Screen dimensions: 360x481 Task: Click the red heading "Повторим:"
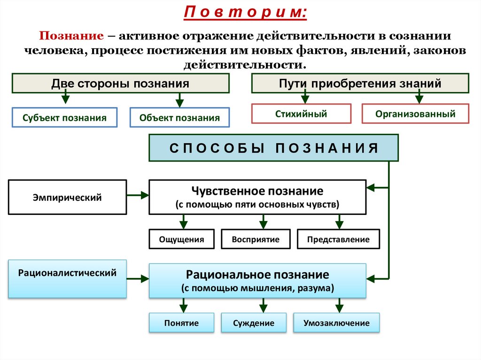pos(245,12)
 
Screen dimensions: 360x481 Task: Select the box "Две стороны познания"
pos(120,84)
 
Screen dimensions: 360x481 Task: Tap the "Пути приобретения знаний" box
pos(360,84)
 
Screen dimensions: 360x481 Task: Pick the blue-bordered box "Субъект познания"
pos(64,118)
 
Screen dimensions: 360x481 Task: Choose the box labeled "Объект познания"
pos(179,118)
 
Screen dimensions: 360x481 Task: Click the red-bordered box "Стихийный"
pos(301,114)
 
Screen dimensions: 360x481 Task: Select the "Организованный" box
pos(415,114)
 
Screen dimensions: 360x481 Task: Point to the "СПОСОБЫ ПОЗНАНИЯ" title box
pos(273,148)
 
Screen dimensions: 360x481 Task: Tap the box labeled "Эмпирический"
pos(67,197)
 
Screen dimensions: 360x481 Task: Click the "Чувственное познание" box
pos(257,197)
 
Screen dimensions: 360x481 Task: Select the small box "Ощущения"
pos(181,239)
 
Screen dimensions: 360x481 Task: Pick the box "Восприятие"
pos(256,239)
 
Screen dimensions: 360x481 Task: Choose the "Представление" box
pos(338,239)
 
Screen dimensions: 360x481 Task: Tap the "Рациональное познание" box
pos(257,281)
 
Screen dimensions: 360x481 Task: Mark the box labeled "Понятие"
pos(181,323)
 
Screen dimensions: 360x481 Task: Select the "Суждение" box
pos(254,323)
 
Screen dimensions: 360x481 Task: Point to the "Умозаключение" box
pos(336,323)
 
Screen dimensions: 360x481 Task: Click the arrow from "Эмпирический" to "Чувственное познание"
pos(138,193)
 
